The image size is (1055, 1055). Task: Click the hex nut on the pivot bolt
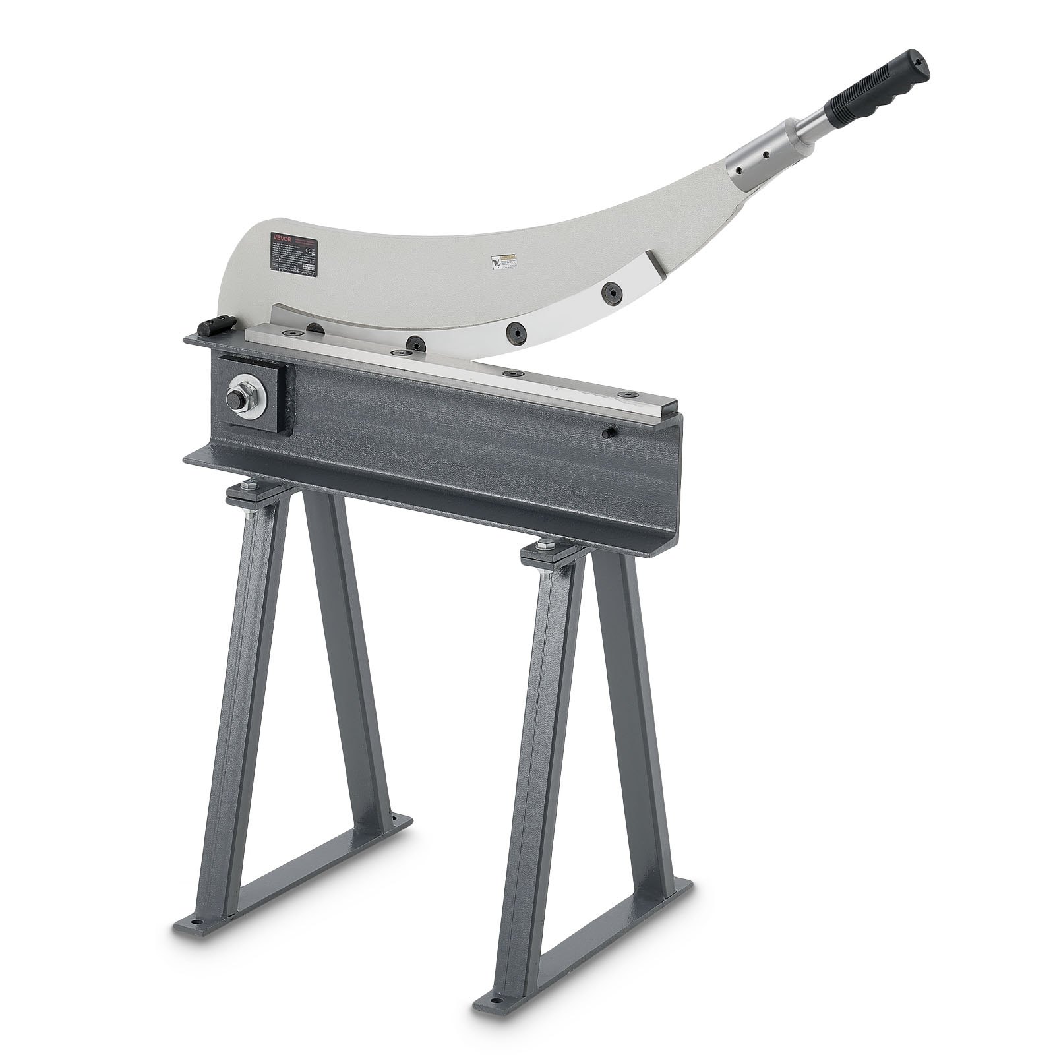(236, 399)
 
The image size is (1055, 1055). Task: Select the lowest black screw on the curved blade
(415, 343)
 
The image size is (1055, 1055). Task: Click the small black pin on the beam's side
(609, 433)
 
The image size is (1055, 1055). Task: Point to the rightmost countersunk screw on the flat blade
(623, 395)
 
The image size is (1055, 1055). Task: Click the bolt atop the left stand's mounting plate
(249, 487)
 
